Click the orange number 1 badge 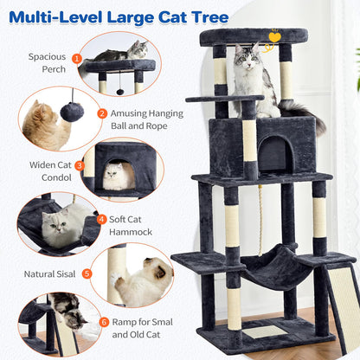point(77,59)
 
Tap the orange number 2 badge point(102,112)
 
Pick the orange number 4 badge point(102,220)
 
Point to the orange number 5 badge point(87,273)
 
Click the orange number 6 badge point(105,322)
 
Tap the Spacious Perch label point(47,63)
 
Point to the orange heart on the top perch point(274,37)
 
